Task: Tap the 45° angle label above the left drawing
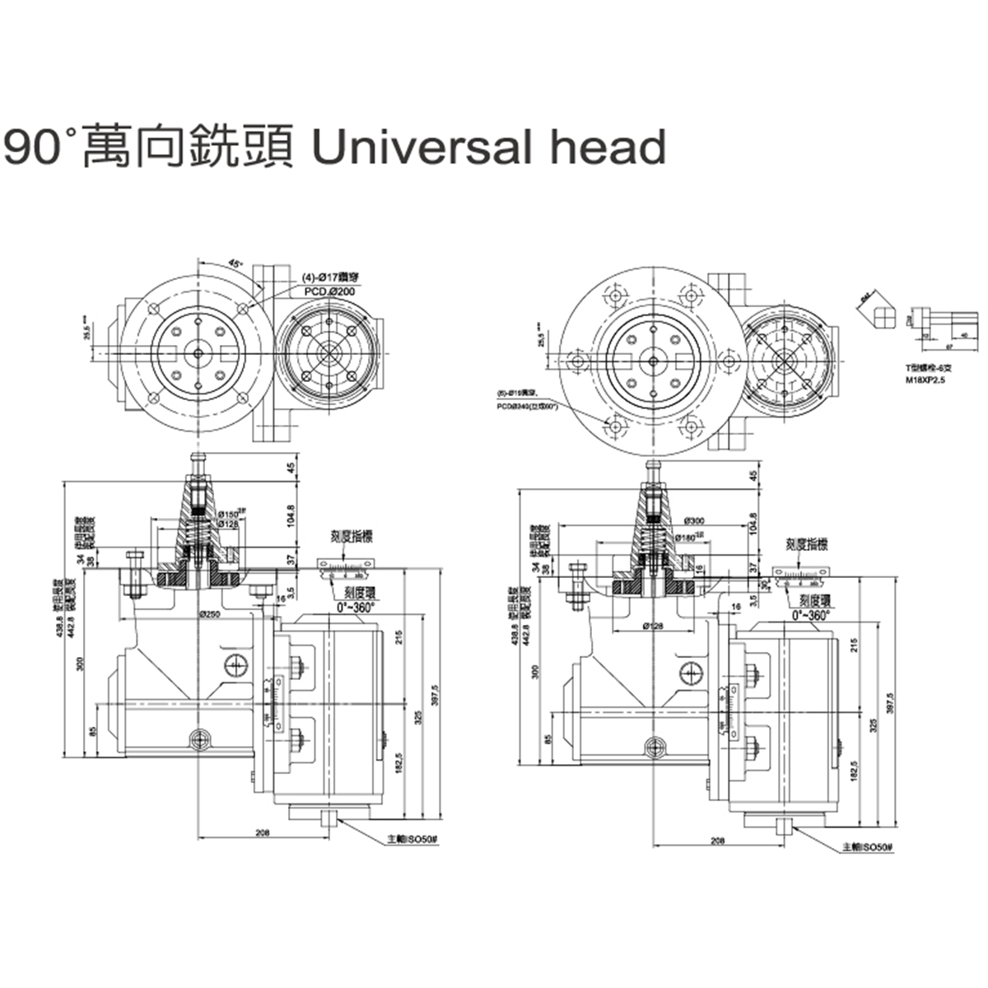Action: (x=235, y=264)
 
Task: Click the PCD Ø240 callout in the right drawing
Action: (x=528, y=406)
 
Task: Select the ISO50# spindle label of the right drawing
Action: (x=867, y=846)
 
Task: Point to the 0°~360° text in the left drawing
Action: (x=355, y=606)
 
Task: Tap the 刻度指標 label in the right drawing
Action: (x=805, y=544)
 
